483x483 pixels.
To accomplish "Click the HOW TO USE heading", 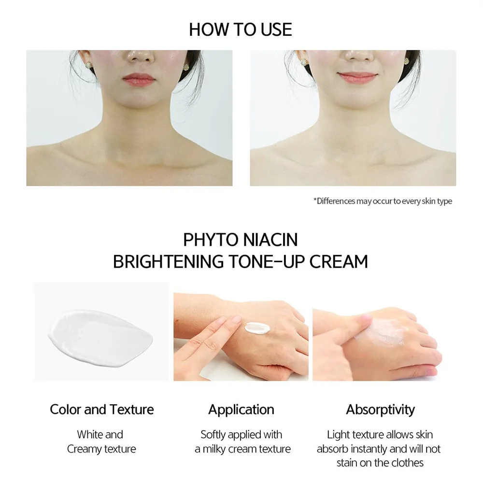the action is (240, 29).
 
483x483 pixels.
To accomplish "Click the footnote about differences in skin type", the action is (383, 201).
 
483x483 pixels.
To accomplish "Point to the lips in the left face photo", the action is (139, 80).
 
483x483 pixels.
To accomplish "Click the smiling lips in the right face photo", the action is (357, 77).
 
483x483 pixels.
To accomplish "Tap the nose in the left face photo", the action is (140, 57).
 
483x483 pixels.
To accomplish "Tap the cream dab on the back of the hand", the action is (257, 327).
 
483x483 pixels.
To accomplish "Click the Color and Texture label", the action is (101, 410).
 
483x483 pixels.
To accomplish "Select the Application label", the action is (241, 410).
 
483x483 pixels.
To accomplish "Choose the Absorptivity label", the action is (381, 410).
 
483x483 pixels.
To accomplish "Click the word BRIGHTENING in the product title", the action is (168, 262).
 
